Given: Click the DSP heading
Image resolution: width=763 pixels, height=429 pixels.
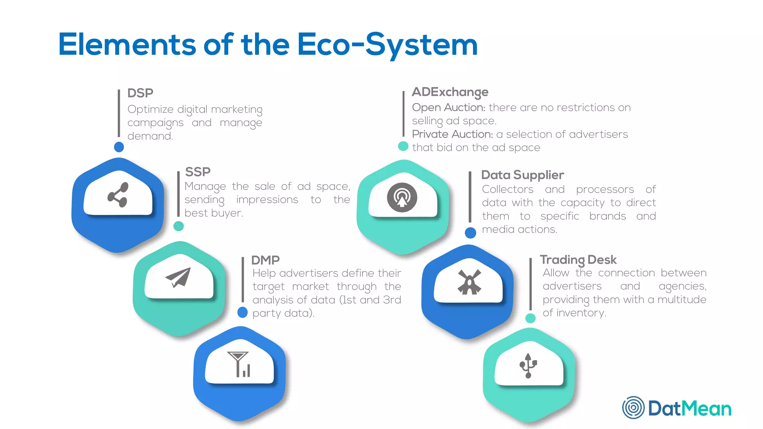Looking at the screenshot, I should coord(140,93).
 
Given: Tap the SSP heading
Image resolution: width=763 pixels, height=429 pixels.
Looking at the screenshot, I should coord(197,172).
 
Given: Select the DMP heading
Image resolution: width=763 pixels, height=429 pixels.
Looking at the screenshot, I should coord(265,260).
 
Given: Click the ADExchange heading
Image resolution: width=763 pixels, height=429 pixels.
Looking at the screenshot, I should coord(450,92).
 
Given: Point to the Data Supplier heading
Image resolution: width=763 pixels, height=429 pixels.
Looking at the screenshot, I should coord(522,175).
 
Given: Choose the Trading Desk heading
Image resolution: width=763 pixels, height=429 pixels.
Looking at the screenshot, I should coord(578,260).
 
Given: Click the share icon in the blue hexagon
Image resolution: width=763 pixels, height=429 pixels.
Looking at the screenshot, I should coord(118,195).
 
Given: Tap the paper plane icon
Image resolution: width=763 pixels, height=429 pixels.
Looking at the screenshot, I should coord(178,277).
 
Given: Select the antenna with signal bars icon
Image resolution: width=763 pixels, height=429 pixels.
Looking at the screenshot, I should coord(239,364).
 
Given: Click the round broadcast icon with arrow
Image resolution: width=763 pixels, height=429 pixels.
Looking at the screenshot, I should coord(402,197).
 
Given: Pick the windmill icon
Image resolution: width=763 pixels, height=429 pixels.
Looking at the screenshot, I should coord(469,282).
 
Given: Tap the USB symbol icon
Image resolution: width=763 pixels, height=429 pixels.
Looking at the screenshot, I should coord(528,366).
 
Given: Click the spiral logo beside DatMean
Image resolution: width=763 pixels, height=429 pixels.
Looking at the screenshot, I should coord(633,407).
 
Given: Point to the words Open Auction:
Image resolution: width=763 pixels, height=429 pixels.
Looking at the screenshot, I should coord(448,108).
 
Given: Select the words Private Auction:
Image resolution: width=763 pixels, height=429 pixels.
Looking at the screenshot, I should coord(452,134).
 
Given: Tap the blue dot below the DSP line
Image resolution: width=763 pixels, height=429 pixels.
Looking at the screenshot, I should coord(119,147).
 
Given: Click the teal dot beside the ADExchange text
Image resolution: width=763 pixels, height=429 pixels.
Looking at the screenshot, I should coord(403,146).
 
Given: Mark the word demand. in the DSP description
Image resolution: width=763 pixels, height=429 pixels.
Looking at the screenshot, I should coord(150,136).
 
